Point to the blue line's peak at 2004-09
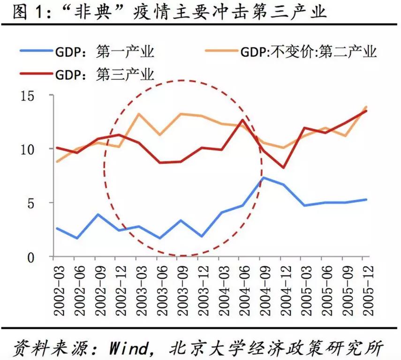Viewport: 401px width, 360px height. (x=264, y=178)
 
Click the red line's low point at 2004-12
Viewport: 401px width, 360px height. (x=284, y=167)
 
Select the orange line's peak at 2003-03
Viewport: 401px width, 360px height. (x=139, y=113)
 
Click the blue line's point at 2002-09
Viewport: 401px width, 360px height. (x=98, y=215)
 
